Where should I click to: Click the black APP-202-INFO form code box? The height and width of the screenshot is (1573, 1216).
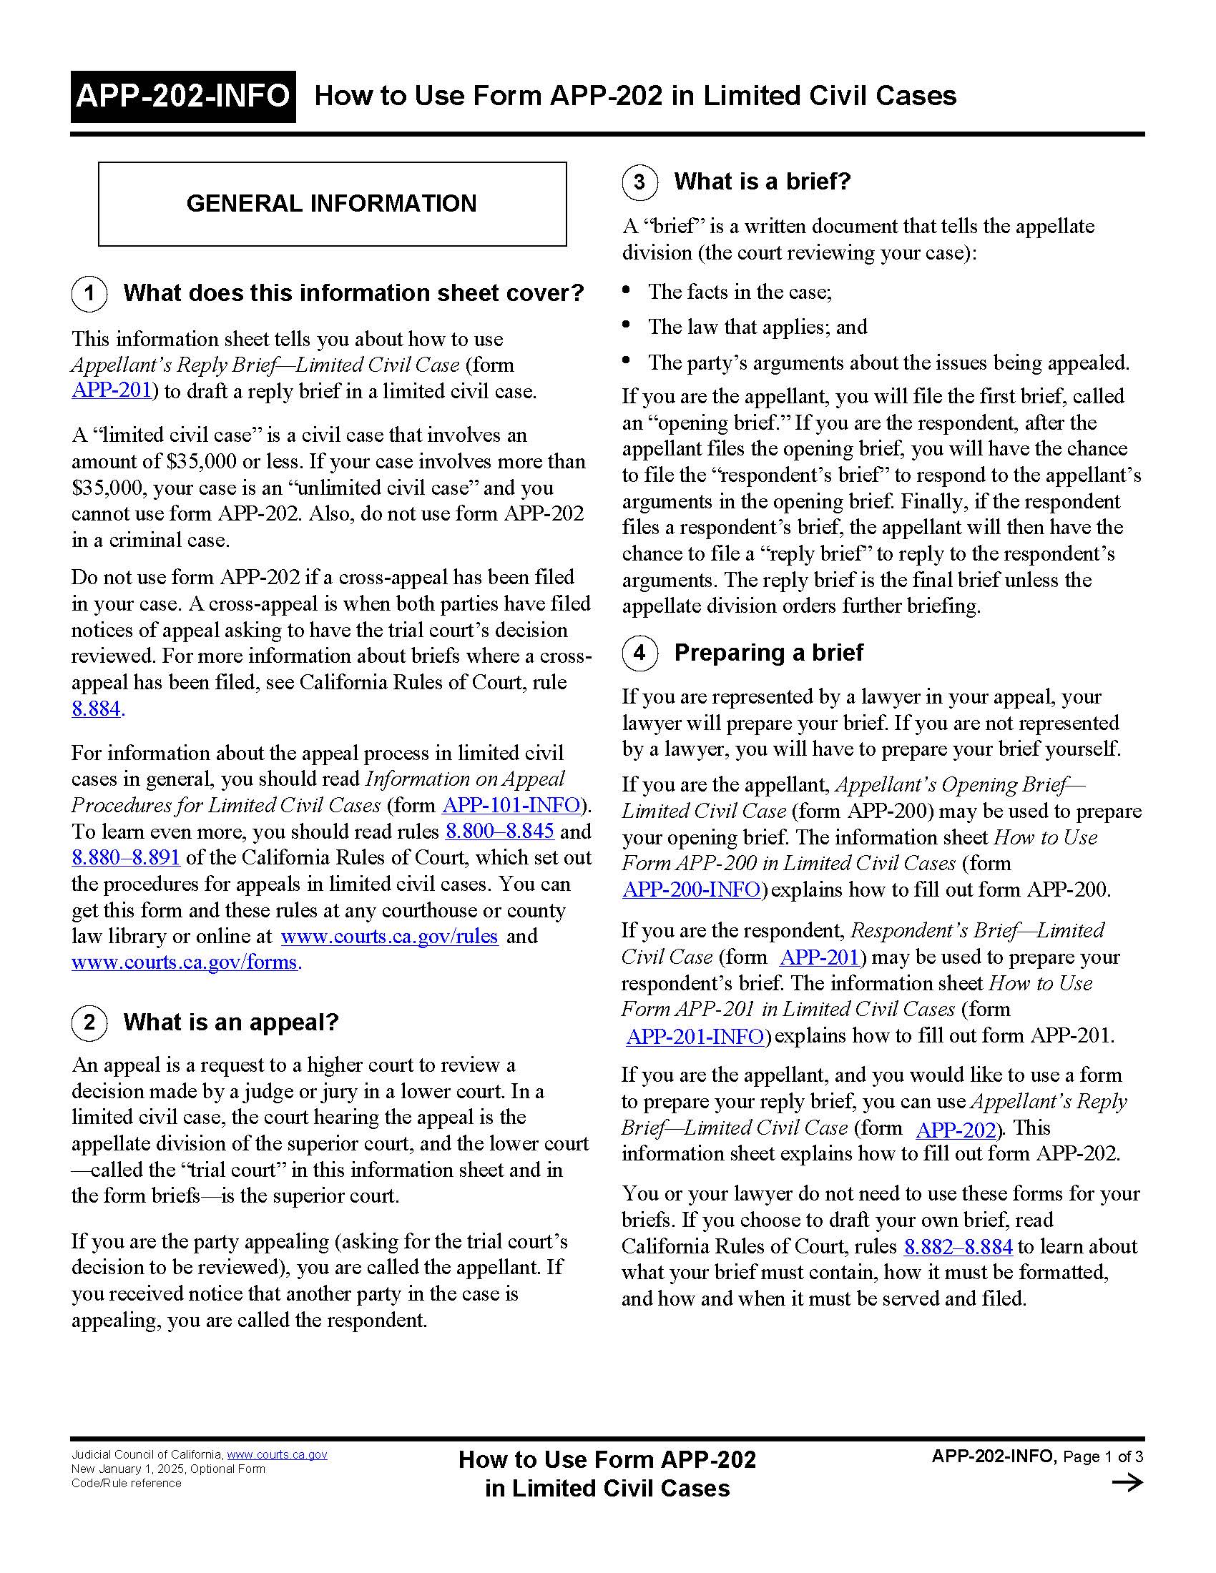click(183, 97)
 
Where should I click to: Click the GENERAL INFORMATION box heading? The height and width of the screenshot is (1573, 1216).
click(331, 204)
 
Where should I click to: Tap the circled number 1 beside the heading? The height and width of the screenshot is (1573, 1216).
click(89, 294)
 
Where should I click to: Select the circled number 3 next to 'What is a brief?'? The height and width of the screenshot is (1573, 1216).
click(639, 182)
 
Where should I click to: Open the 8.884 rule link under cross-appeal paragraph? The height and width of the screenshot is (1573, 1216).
click(97, 709)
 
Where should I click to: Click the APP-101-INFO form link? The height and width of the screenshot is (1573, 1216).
click(511, 805)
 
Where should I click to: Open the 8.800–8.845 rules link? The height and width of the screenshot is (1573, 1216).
click(499, 831)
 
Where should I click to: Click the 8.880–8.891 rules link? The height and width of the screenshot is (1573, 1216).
click(125, 858)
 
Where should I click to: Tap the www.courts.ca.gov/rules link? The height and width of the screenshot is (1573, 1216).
click(389, 937)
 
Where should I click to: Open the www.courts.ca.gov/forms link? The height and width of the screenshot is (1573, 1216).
click(185, 962)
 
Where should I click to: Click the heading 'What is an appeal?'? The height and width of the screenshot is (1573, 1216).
click(230, 1022)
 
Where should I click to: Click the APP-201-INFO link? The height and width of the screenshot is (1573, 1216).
click(695, 1037)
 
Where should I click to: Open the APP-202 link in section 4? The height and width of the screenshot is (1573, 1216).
click(956, 1129)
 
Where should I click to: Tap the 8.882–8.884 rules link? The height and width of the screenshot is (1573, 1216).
click(958, 1247)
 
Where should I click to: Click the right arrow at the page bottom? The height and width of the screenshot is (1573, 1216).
click(1127, 1482)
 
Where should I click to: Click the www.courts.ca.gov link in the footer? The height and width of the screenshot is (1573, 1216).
click(277, 1454)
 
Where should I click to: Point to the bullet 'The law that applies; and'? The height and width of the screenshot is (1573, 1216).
click(757, 327)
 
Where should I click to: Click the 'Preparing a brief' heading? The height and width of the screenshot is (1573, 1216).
click(768, 653)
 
